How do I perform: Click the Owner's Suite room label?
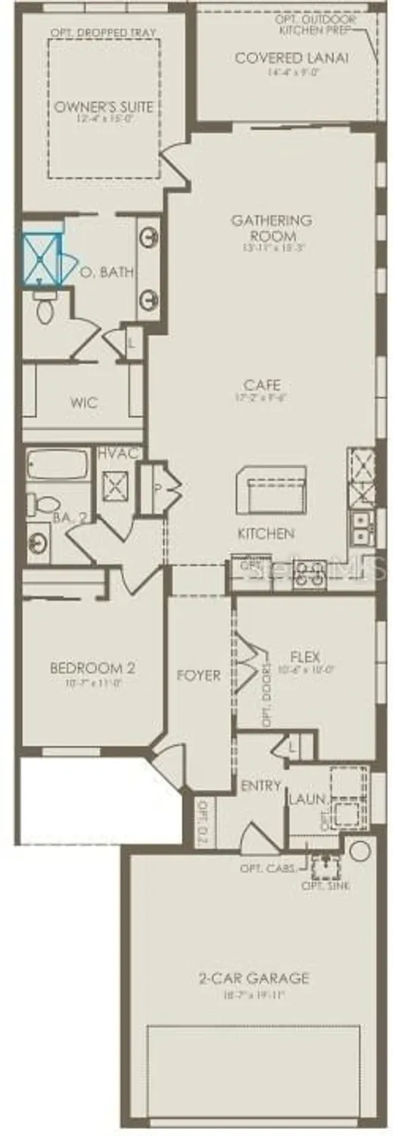pyautogui.click(x=103, y=107)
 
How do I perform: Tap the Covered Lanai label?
pyautogui.click(x=291, y=58)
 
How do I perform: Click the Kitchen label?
pyautogui.click(x=266, y=534)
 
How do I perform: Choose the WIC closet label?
pyautogui.click(x=83, y=403)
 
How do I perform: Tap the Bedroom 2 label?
pyautogui.click(x=92, y=668)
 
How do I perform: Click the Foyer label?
pyautogui.click(x=198, y=675)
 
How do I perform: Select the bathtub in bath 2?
pyautogui.click(x=59, y=464)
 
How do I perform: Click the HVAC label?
pyautogui.click(x=117, y=453)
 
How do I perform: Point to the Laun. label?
pyautogui.click(x=307, y=799)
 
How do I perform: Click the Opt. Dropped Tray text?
pyautogui.click(x=103, y=33)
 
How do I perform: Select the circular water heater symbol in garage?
pyautogui.click(x=360, y=850)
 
